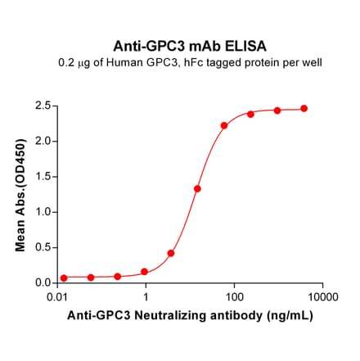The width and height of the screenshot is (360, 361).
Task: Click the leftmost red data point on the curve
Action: [x=64, y=278]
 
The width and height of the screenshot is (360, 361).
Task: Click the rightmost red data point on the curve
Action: [x=304, y=108]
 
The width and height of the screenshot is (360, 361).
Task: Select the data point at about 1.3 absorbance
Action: [x=197, y=188]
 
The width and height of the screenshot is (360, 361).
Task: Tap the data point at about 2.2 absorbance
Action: [x=224, y=125]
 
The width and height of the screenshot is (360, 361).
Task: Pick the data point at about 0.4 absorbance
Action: [x=171, y=253]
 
